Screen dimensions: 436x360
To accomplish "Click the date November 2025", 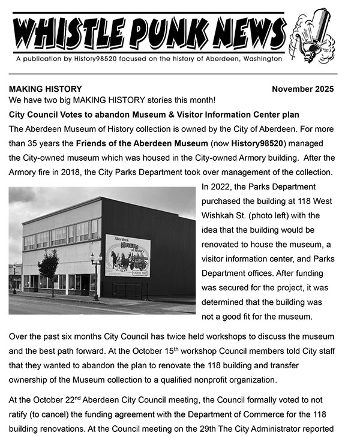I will (302, 89).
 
